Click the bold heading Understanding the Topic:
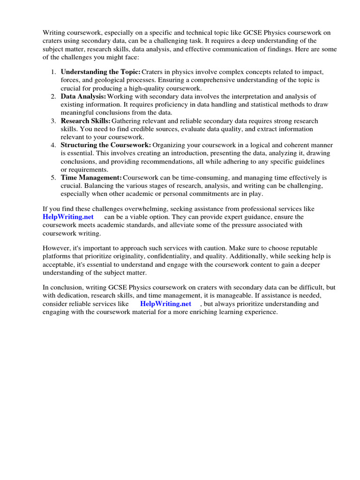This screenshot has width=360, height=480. (x=100, y=72)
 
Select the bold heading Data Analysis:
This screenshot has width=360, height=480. (x=83, y=96)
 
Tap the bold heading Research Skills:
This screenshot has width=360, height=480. (x=86, y=121)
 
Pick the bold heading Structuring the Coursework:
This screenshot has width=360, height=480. (x=106, y=145)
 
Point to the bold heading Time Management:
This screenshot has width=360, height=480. (x=91, y=178)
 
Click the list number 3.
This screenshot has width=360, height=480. (x=53, y=121)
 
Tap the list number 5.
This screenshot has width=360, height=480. (x=53, y=178)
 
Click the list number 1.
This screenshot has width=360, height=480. (x=53, y=72)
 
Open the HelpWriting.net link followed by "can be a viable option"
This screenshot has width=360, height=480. (x=68, y=217)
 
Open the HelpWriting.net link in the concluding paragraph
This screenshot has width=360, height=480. (x=165, y=304)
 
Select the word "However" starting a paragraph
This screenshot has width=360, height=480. (x=56, y=248)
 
